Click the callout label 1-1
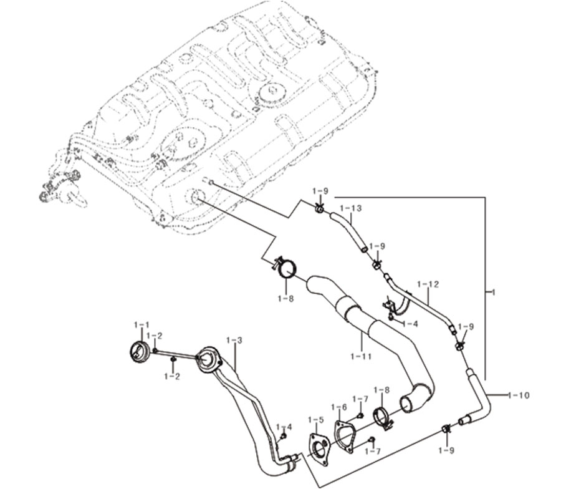[x=141, y=325]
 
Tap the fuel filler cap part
[x=138, y=352]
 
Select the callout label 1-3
[x=234, y=340]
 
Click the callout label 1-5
[x=315, y=419]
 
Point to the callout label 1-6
[x=339, y=407]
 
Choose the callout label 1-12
[x=428, y=284]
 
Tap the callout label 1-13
[x=350, y=208]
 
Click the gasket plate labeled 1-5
[x=318, y=450]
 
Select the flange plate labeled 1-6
[x=344, y=437]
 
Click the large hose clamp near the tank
[x=286, y=268]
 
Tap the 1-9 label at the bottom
[x=446, y=450]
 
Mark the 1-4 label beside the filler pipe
[x=284, y=427]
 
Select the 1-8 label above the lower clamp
[x=381, y=390]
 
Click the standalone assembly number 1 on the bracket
[x=494, y=293]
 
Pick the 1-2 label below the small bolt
[x=172, y=376]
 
